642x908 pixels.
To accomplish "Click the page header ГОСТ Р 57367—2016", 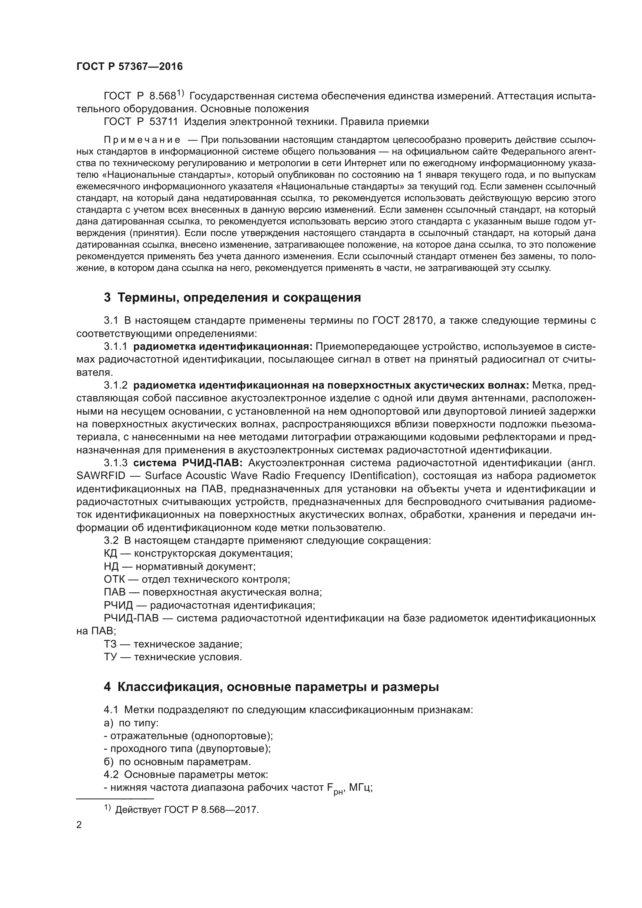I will [x=129, y=66].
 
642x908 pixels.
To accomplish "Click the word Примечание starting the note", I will [x=142, y=140].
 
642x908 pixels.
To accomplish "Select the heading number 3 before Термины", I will [x=107, y=297].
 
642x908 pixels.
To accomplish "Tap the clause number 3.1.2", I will [x=115, y=385].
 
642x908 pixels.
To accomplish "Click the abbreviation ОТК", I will [x=114, y=579].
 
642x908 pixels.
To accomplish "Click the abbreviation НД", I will [x=111, y=566].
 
